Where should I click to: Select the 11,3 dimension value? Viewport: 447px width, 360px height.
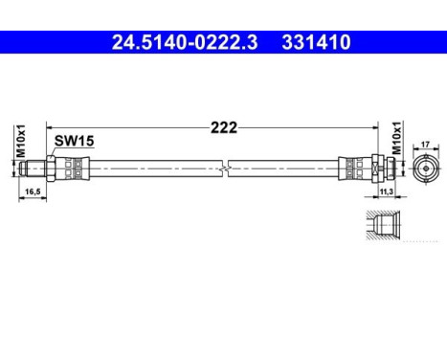(x=387, y=192)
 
